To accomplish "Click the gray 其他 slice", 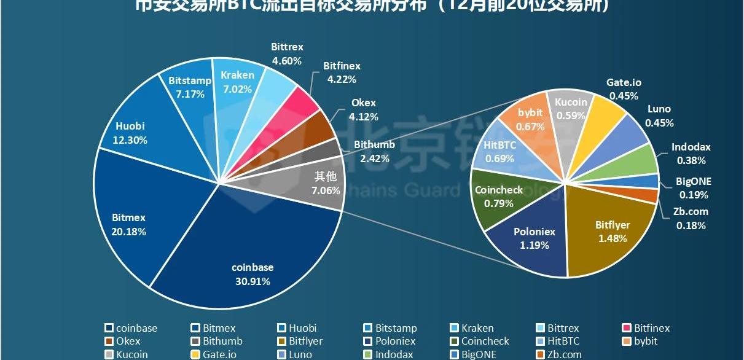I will point(319,184).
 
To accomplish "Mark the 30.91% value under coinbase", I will point(252,281).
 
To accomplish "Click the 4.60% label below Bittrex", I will point(287,61).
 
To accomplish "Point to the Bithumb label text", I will point(374,145).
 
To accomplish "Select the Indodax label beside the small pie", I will point(691,147).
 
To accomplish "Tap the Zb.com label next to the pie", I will point(691,211).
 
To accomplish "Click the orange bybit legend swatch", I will point(627,342).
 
